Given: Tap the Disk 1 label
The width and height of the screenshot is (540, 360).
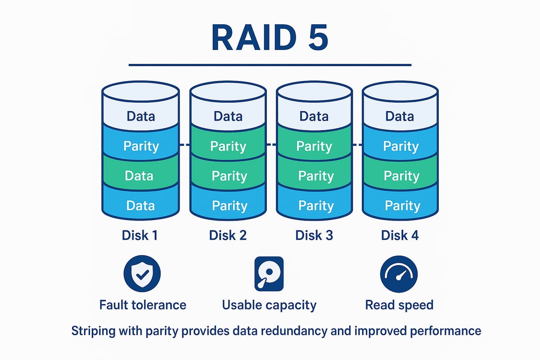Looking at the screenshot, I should pyautogui.click(x=140, y=235).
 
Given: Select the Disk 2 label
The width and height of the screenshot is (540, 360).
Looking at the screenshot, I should pyautogui.click(x=228, y=235).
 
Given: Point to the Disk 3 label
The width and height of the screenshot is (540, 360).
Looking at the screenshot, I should pyautogui.click(x=314, y=235).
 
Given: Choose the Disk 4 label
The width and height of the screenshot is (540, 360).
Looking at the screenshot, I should pyautogui.click(x=400, y=235).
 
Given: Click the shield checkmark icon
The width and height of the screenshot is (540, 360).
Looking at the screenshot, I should pyautogui.click(x=142, y=274).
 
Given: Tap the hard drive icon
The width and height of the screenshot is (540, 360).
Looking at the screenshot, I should pyautogui.click(x=269, y=273).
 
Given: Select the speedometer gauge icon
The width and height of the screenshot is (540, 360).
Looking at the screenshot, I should pyautogui.click(x=399, y=274).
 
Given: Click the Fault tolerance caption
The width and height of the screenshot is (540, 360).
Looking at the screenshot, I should pyautogui.click(x=143, y=305).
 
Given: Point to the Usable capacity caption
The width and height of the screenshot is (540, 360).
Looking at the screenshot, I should pyautogui.click(x=269, y=305).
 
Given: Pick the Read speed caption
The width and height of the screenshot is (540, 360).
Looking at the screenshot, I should pyautogui.click(x=399, y=305).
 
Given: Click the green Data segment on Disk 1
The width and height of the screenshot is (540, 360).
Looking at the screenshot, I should pyautogui.click(x=140, y=175).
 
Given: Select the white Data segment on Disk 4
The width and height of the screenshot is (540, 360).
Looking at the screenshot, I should pyautogui.click(x=400, y=116).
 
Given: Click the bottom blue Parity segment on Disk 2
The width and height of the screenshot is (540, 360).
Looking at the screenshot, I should pyautogui.click(x=229, y=206).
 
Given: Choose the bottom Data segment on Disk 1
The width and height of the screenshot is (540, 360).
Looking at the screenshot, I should pyautogui.click(x=140, y=206).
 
